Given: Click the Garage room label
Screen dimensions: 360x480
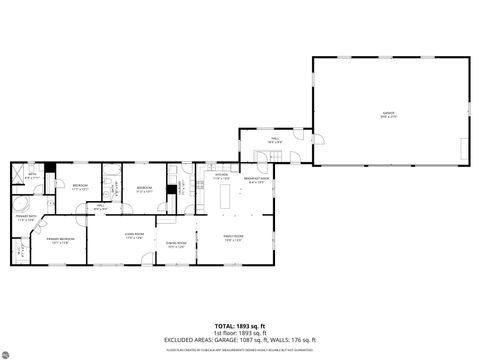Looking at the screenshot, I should click(388, 114).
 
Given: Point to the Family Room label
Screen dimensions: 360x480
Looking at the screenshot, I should click(232, 237).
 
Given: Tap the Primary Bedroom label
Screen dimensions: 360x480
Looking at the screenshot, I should click(60, 241).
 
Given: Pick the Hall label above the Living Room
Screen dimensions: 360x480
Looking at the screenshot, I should click(101, 207).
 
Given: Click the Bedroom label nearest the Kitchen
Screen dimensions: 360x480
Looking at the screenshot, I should click(145, 187).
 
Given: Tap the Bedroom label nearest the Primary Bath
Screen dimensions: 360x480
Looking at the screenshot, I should click(79, 186).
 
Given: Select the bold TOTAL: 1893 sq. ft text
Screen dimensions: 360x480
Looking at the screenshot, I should click(240, 326).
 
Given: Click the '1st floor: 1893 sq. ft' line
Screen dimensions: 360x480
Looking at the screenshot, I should click(240, 333).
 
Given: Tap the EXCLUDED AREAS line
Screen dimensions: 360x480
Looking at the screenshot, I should click(240, 340).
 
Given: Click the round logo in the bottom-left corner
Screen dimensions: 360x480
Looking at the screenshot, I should click(8, 351).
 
